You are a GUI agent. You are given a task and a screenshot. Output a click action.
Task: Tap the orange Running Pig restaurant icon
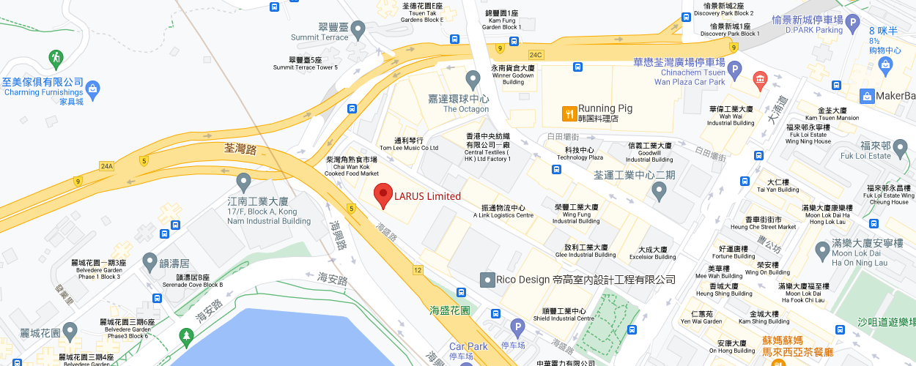coord(568,113)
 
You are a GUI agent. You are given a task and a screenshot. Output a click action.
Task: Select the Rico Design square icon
coord(487,280)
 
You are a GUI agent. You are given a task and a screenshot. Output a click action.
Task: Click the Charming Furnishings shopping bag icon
coord(92,90)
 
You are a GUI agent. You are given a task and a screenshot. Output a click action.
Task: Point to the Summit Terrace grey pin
coord(358,30)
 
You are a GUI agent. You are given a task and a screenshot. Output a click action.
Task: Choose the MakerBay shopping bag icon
coord(867,96)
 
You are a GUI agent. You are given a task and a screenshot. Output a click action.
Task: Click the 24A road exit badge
coord(107,166)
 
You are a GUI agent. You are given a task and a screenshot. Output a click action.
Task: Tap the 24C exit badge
coord(536,54)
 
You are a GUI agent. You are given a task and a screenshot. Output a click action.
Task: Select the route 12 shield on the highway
coord(418,270)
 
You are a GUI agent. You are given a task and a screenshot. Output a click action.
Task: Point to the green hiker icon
coord(55,57)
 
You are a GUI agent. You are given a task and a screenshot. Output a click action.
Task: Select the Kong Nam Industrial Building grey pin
coord(244,181)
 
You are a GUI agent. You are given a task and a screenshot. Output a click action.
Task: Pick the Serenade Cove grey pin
coord(149,261)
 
